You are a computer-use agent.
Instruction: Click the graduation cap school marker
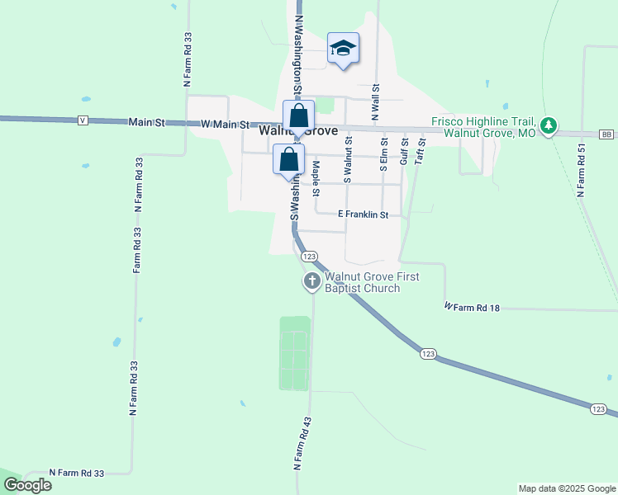[x=343, y=49]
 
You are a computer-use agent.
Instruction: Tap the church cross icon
[x=312, y=282]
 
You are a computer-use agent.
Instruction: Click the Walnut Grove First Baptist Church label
[x=372, y=282]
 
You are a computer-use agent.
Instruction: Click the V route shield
[x=83, y=120]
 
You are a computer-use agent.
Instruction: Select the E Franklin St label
[x=364, y=214]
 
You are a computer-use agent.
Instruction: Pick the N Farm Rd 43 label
[x=302, y=443]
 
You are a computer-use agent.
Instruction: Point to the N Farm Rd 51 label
[x=582, y=170]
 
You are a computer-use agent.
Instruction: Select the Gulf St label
[x=404, y=152]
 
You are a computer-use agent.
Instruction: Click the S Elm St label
[x=383, y=154]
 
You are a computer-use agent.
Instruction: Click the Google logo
[x=27, y=485]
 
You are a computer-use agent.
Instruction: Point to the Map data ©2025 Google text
[x=566, y=488]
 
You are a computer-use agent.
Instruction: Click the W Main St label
[x=225, y=124]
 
